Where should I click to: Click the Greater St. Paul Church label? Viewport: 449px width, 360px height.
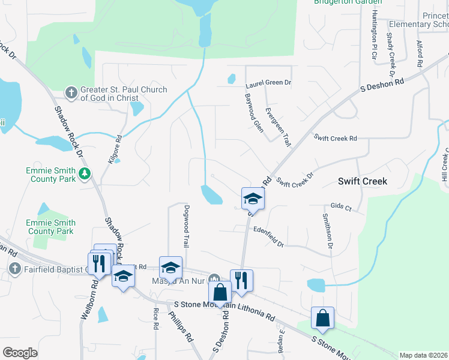(124, 94)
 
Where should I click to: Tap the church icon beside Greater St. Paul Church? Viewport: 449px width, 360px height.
(71, 93)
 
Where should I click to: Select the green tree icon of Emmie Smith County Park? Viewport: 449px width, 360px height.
(85, 174)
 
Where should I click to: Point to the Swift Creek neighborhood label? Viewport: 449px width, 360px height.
(362, 181)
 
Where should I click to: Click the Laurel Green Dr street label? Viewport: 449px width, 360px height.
(268, 82)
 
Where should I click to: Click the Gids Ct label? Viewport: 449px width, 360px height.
(340, 206)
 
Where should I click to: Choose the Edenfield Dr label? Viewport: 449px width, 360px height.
(268, 235)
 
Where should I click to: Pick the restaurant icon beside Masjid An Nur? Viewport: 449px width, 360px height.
(241, 280)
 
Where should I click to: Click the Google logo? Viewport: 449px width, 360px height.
(20, 353)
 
